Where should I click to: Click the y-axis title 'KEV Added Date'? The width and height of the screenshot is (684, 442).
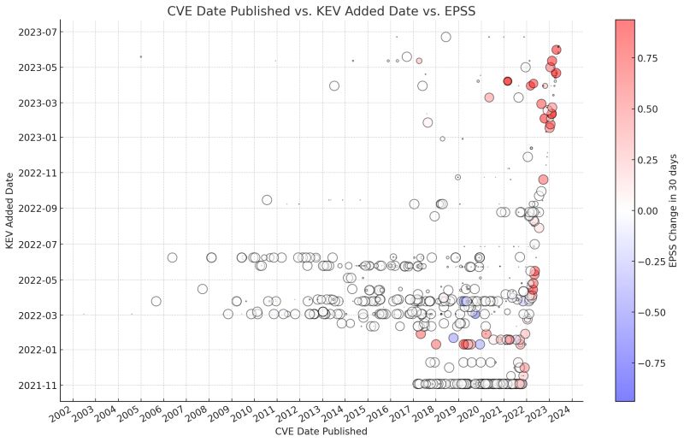click(9, 209)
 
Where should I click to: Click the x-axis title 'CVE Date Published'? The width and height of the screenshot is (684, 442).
click(321, 432)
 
